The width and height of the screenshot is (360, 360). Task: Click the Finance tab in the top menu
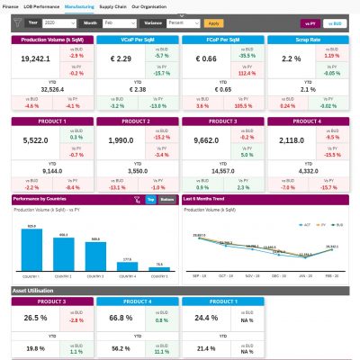pyautogui.click(x=10, y=6)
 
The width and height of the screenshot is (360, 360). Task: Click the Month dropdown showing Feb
pyautogui.click(x=121, y=22)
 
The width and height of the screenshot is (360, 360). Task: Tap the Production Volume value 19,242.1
pyautogui.click(x=32, y=58)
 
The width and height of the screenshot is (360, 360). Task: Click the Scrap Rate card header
pyautogui.click(x=308, y=40)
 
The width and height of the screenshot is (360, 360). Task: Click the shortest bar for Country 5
pyautogui.click(x=158, y=269)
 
